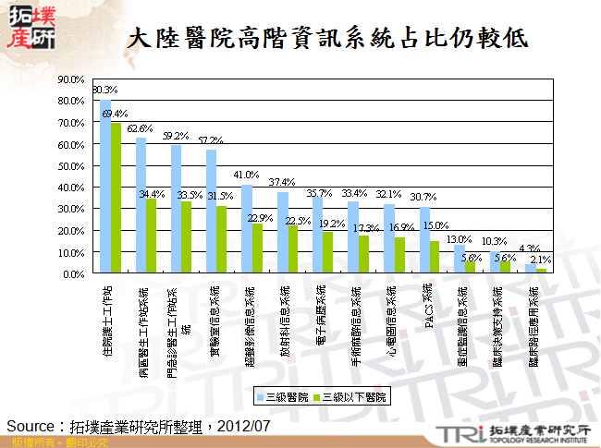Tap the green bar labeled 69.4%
coord(116,199)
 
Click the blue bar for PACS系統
coord(424,240)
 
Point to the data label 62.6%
coord(140,128)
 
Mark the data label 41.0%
coord(246,175)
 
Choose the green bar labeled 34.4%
coord(152,236)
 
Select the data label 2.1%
coord(542,260)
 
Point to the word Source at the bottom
coord(31,425)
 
